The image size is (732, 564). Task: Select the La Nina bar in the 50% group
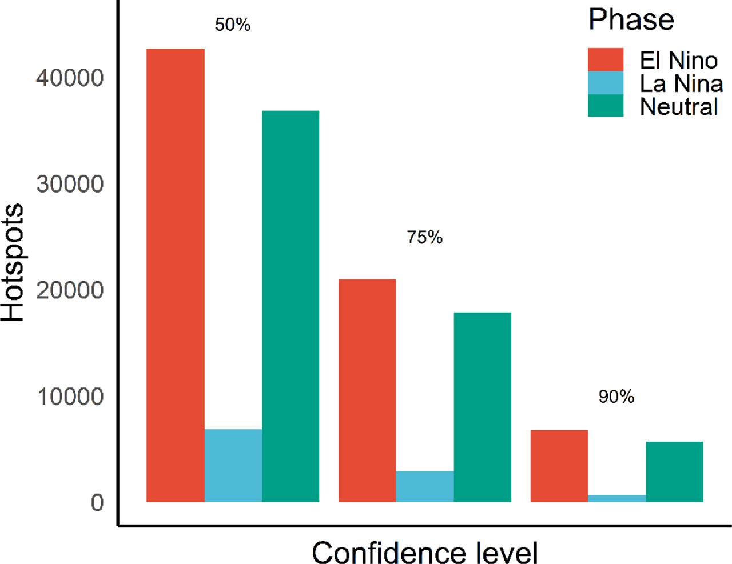pos(233,465)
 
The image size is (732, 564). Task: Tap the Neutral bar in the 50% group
pos(291,306)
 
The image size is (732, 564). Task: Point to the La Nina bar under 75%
pos(425,486)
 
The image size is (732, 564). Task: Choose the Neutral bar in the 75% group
pos(483,407)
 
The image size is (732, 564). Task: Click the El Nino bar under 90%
pos(559,466)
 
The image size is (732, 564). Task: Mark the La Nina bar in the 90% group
pos(617,498)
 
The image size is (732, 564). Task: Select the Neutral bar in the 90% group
pos(675,471)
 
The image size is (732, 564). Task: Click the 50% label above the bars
pos(233,25)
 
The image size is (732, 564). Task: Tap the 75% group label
pos(425,237)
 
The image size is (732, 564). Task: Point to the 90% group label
pos(616,397)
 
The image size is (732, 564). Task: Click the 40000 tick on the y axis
pos(70,78)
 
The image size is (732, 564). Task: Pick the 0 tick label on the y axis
pos(97,503)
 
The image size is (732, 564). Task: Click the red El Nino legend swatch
pos(606,60)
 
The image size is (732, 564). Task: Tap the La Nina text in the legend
pos(681,83)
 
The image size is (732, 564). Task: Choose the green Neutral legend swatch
pos(606,106)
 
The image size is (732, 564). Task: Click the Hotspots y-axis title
pos(13,263)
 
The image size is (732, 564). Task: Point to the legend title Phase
pos(631,20)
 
